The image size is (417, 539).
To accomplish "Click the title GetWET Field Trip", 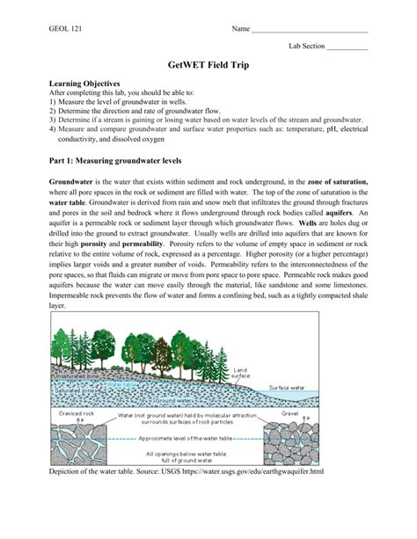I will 208,65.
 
